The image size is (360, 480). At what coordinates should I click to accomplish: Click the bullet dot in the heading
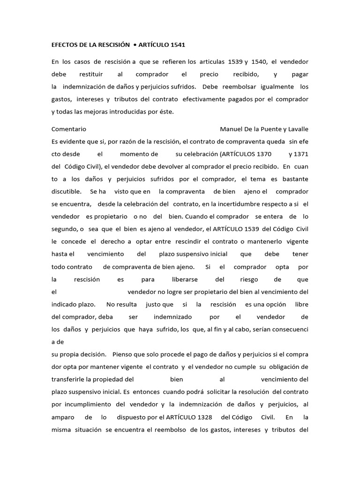click(135, 45)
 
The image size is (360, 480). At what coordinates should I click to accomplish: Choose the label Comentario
click(68, 129)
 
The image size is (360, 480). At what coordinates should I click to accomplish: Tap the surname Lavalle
click(296, 129)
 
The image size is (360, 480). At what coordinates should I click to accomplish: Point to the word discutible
click(66, 191)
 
